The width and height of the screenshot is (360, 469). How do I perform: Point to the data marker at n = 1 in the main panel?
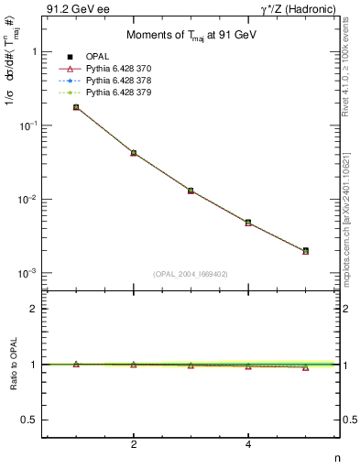76,107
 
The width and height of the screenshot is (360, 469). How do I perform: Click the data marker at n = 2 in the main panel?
134,153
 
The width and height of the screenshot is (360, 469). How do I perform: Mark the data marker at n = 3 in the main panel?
191,191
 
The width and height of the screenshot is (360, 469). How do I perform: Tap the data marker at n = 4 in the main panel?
248,222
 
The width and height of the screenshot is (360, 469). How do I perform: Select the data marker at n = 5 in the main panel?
305,250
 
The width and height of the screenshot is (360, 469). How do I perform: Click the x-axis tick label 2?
134,445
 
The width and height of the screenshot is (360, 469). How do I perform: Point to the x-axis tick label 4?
248,445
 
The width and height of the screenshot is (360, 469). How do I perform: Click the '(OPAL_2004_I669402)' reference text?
191,274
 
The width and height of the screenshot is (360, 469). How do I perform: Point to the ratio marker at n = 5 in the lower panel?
305,366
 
